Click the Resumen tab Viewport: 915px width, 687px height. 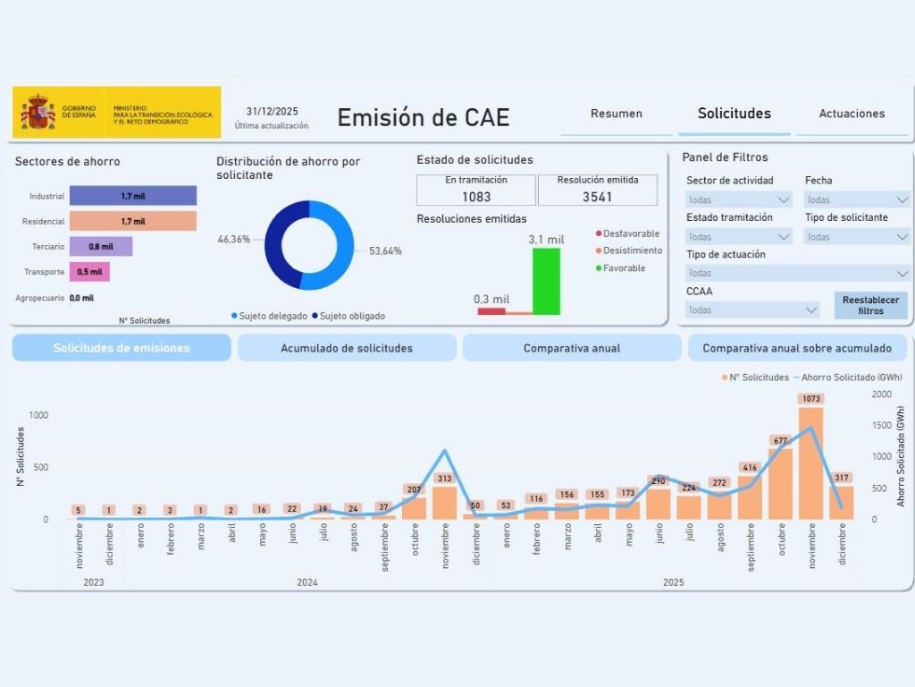pos(616,114)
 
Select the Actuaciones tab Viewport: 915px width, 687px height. pos(852,114)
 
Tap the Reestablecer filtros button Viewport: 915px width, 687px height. pos(870,305)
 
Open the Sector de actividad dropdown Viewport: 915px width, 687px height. pos(739,199)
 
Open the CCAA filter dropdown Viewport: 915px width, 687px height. pos(752,310)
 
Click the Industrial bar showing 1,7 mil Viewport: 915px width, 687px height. pos(133,196)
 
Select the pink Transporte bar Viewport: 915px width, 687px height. pos(89,272)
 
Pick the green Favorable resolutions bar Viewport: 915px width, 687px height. pos(546,281)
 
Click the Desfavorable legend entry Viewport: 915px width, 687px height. pos(630,233)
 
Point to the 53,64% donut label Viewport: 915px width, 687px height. pos(385,251)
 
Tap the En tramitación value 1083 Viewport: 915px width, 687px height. pos(476,197)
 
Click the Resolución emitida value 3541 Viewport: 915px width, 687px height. pos(597,197)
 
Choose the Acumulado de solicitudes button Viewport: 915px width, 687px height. pos(347,348)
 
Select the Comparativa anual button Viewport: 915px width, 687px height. pos(572,348)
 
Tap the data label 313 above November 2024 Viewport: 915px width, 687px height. pos(444,479)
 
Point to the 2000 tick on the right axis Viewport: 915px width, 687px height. pos(881,394)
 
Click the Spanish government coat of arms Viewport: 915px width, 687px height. pos(38,113)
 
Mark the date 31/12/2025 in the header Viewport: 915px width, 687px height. pos(273,112)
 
